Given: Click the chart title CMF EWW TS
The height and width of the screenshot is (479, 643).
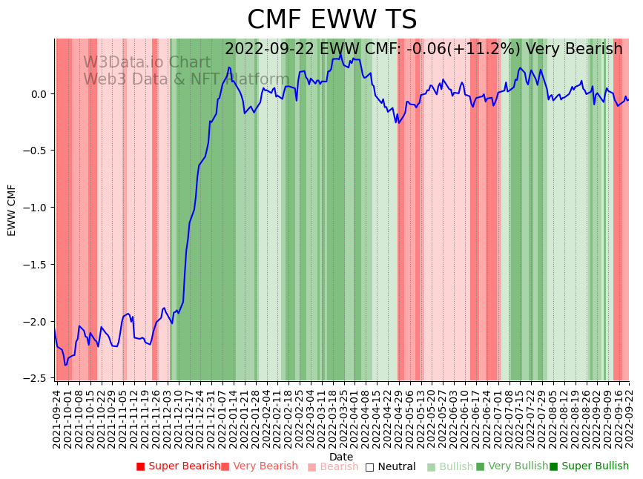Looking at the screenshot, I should (332, 20).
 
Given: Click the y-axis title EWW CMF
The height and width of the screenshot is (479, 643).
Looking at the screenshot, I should (12, 210).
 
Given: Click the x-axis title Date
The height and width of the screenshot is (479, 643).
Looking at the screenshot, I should (341, 457).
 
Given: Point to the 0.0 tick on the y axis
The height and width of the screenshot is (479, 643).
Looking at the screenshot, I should (39, 94).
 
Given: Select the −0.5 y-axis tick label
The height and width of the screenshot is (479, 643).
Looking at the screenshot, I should (36, 151).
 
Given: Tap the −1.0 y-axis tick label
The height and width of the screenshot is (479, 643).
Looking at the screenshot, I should (36, 208).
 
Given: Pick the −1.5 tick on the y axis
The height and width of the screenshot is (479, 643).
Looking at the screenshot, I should (36, 265).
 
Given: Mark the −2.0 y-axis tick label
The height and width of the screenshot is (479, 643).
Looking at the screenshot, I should (36, 322).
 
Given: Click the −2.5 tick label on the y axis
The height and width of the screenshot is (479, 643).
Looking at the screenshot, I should (36, 378).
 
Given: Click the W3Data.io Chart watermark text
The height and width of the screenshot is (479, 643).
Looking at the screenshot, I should (147, 62).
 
